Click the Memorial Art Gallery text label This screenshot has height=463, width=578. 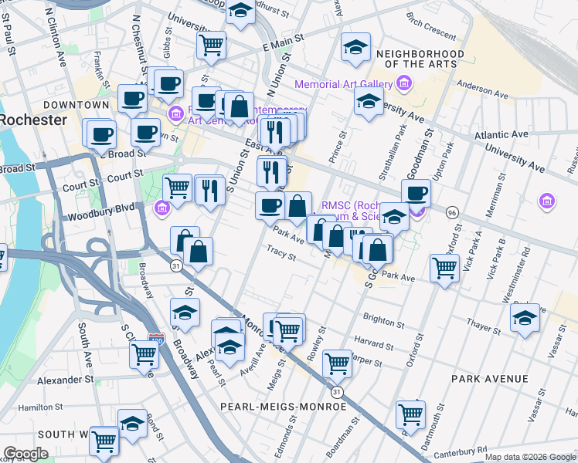coord(342,83)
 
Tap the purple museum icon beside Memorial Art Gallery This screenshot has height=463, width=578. coord(402,83)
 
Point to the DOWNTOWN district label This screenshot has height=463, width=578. coord(76,104)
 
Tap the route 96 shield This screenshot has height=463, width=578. coord(451,211)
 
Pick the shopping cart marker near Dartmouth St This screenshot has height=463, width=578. coord(410,414)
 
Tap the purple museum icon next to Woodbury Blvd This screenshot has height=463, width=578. coord(161,208)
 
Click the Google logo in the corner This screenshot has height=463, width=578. coord(25,453)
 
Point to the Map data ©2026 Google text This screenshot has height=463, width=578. coord(529,457)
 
